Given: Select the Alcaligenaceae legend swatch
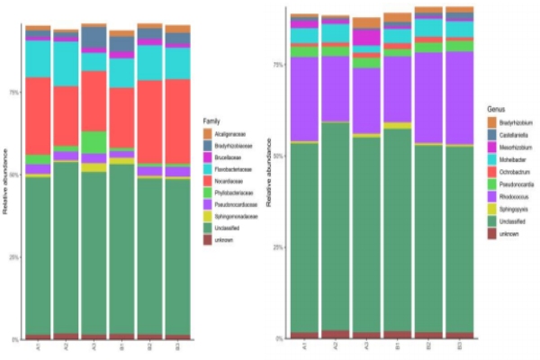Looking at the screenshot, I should pyautogui.click(x=207, y=134).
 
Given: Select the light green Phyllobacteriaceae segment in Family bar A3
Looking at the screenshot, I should pyautogui.click(x=94, y=142).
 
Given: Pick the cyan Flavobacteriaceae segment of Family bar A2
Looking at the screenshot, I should pyautogui.click(x=66, y=63).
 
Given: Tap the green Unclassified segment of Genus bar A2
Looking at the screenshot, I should pyautogui.click(x=336, y=225).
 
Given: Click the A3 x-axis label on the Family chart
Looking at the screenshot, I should pyautogui.click(x=94, y=347).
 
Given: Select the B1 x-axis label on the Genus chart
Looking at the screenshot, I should pyautogui.click(x=397, y=346).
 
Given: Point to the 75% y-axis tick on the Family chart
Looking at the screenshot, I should pyautogui.click(x=13, y=92).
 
